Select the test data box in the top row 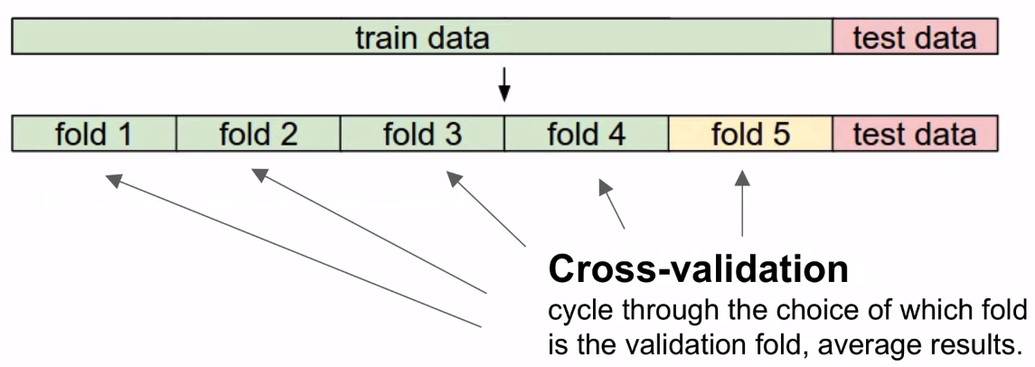tap(914, 37)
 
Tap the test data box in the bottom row tap(914, 134)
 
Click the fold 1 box tap(93, 134)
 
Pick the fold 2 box tap(258, 134)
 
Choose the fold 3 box tap(422, 134)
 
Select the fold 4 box tap(586, 134)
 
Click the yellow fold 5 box tap(750, 134)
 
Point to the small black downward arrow tap(504, 89)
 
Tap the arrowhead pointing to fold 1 tap(112, 179)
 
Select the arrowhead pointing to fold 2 tap(259, 173)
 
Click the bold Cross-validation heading tap(698, 268)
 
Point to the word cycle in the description tap(579, 311)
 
